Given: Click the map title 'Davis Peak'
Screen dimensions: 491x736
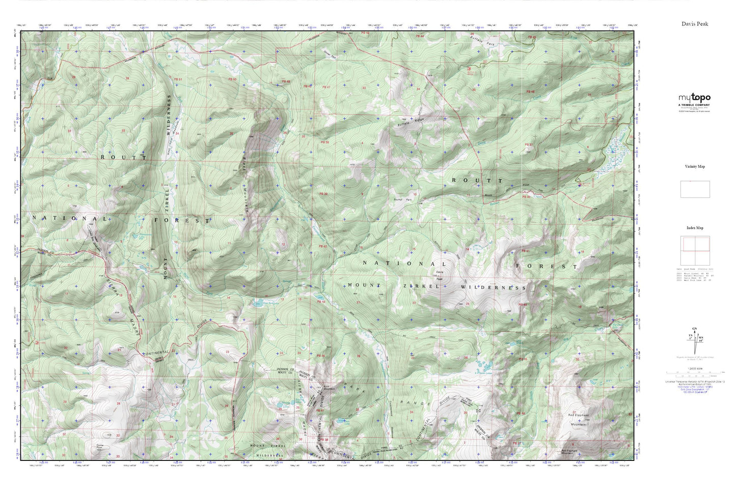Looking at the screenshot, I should (x=695, y=24).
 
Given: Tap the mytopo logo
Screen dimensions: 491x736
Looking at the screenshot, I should (x=694, y=98).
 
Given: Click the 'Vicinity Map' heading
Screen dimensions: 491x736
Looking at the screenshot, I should (x=695, y=167).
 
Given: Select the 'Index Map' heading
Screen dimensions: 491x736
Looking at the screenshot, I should (x=695, y=228).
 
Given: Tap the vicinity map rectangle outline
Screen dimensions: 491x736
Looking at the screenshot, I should (x=695, y=189).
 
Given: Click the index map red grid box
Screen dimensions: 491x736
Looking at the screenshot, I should (x=694, y=251).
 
